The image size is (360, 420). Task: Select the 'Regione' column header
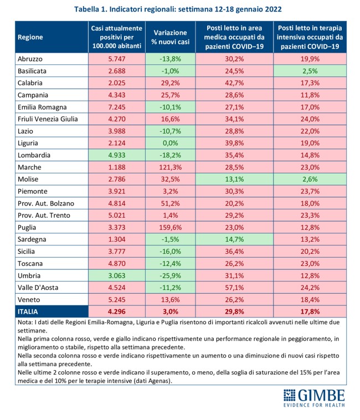[30, 37]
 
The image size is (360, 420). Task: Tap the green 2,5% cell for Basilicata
[310, 70]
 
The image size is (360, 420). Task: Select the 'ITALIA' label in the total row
[32, 312]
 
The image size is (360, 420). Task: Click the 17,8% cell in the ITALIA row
[310, 312]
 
